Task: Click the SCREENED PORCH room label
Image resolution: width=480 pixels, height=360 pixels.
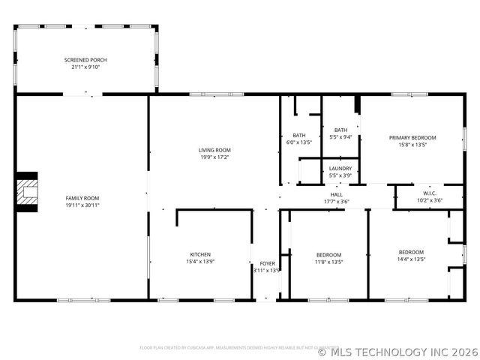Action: [x=85, y=60]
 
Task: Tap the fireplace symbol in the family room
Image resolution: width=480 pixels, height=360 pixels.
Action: [x=28, y=192]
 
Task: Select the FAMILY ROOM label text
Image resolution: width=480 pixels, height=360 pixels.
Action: [x=82, y=198]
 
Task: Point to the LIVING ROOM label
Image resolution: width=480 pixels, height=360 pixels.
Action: [x=214, y=150]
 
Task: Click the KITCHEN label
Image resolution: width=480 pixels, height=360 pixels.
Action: [x=199, y=255]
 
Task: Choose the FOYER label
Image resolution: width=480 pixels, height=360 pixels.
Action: [x=267, y=263]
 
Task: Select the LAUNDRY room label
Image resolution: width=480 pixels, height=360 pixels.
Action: [x=340, y=169]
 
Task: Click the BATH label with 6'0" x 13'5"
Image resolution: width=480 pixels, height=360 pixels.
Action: [x=298, y=135]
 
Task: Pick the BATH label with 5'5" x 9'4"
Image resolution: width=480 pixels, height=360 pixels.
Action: [x=340, y=130]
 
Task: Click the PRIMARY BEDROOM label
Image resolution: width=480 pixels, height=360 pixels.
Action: [x=412, y=138]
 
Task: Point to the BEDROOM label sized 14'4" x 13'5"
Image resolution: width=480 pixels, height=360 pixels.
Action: [x=411, y=252]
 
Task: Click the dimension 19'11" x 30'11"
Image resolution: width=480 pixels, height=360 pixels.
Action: [x=82, y=205]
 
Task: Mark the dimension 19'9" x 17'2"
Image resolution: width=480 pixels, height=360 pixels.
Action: [x=214, y=157]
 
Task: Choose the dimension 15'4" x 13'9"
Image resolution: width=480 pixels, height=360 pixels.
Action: [x=199, y=262]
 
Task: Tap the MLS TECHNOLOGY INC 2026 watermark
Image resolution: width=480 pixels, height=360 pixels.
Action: [x=397, y=351]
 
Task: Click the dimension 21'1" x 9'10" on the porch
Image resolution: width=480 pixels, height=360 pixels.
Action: [x=85, y=67]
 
